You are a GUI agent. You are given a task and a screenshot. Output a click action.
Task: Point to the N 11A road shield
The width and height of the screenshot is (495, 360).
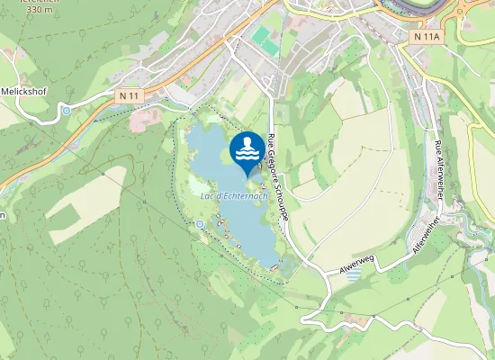tap(426, 36)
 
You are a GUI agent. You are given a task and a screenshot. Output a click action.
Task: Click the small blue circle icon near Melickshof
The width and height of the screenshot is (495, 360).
tap(67, 111)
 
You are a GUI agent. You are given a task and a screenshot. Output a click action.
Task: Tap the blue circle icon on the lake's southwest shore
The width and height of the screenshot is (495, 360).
tap(200, 223)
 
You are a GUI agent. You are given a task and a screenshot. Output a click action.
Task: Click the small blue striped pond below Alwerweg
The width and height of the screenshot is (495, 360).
tap(352, 274)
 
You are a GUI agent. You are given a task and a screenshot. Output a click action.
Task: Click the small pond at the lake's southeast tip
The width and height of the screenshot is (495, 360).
tap(284, 265)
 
